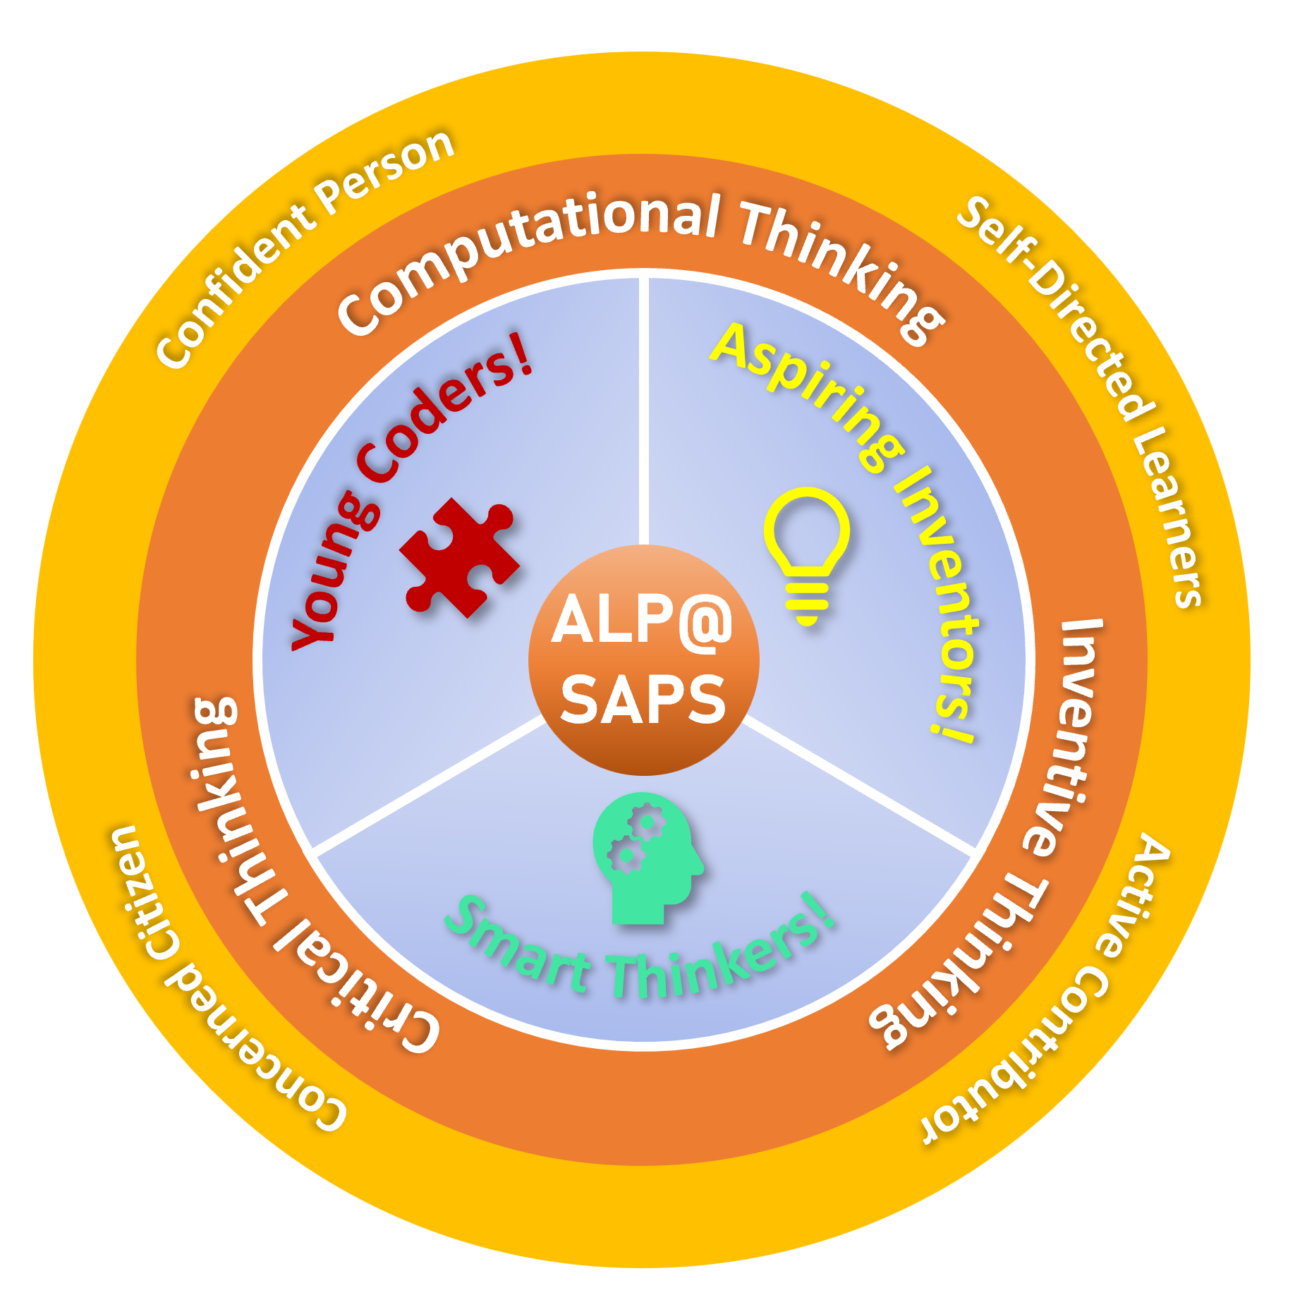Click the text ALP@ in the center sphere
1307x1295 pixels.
click(x=642, y=619)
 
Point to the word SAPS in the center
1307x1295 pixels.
click(x=643, y=698)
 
